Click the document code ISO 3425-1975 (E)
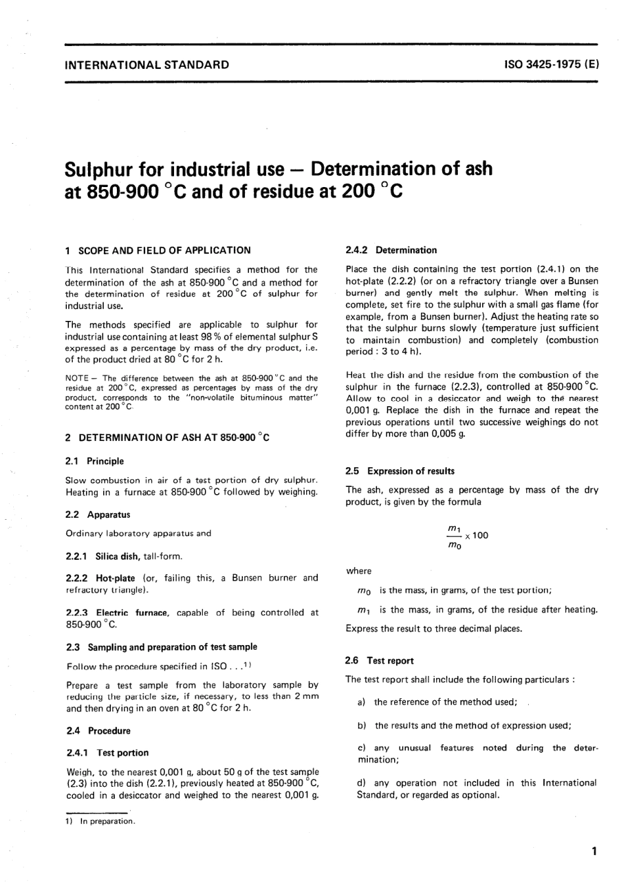coord(550,65)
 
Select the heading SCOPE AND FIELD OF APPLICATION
coord(164,250)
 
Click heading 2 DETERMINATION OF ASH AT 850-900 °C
coord(167,438)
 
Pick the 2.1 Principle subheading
coord(95,461)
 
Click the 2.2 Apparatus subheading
coord(98,514)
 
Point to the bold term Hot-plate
coord(116,578)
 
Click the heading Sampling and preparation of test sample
coord(162,647)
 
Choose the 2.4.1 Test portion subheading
coord(108,753)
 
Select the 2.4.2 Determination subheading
coord(391,250)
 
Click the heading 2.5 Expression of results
coord(400,471)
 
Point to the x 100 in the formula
coord(477,535)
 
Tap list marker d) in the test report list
coord(361,783)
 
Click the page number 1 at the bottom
coord(594,852)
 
